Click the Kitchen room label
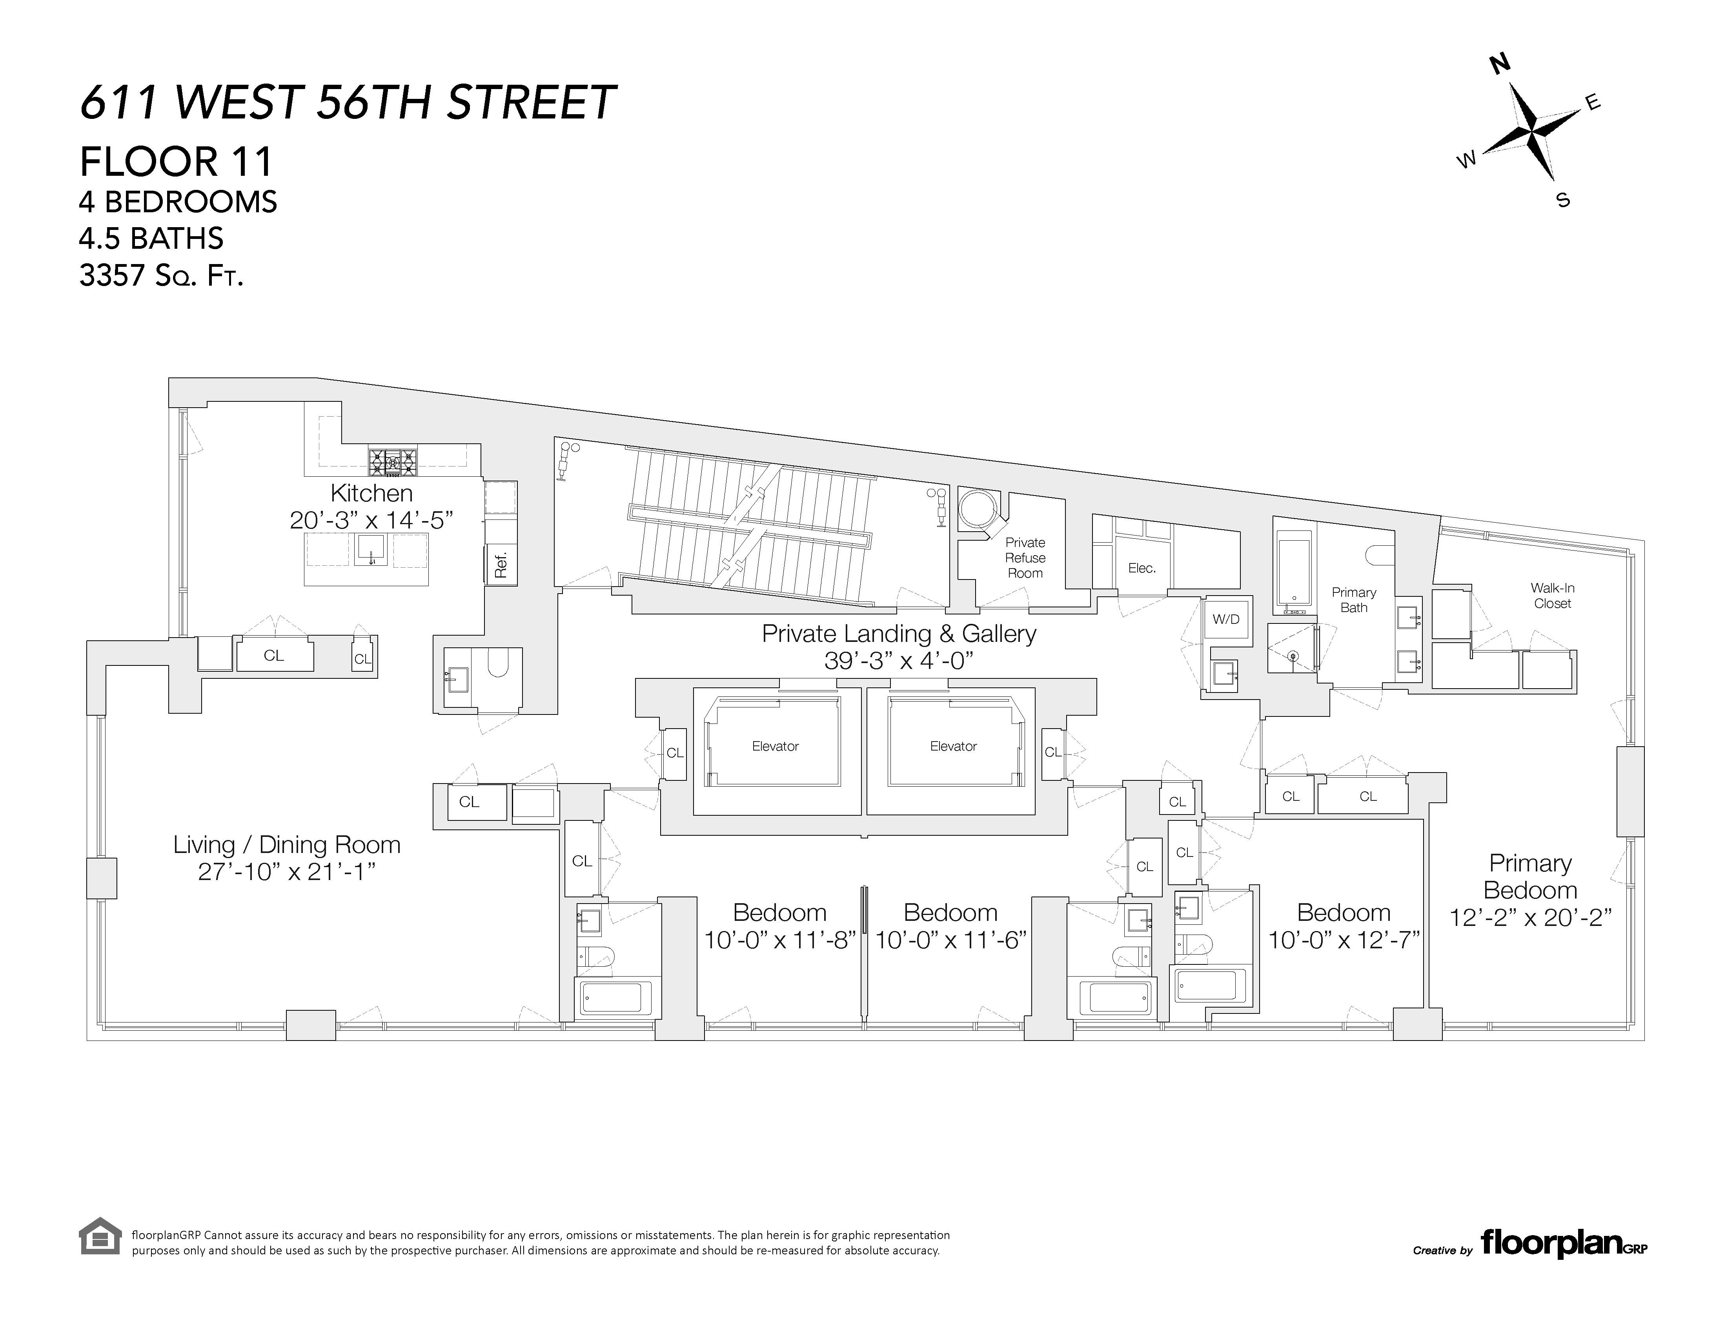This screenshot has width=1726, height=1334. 371,493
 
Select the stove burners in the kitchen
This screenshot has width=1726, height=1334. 392,460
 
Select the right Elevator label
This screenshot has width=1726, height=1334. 953,746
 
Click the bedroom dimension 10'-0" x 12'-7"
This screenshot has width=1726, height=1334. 1344,940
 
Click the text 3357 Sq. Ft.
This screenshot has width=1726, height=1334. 161,276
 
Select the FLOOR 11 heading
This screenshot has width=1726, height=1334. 176,162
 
